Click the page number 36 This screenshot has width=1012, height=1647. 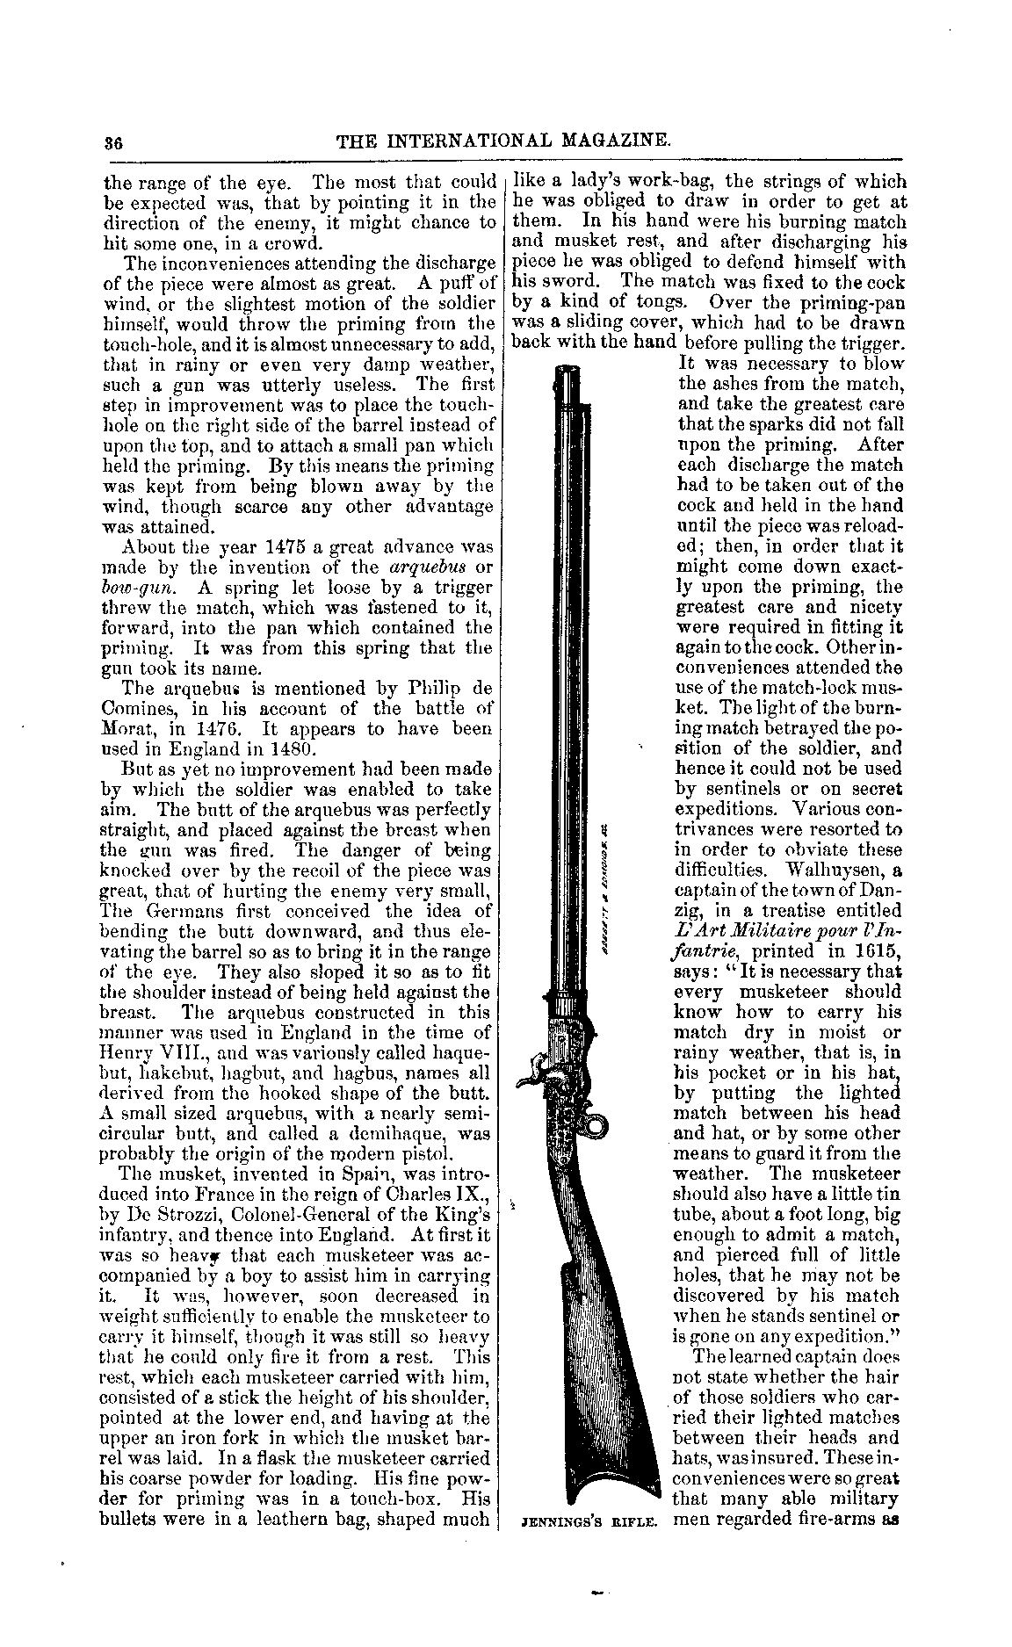click(112, 140)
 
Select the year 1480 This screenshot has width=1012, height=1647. click(278, 749)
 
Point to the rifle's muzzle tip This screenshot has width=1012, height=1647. click(571, 371)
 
